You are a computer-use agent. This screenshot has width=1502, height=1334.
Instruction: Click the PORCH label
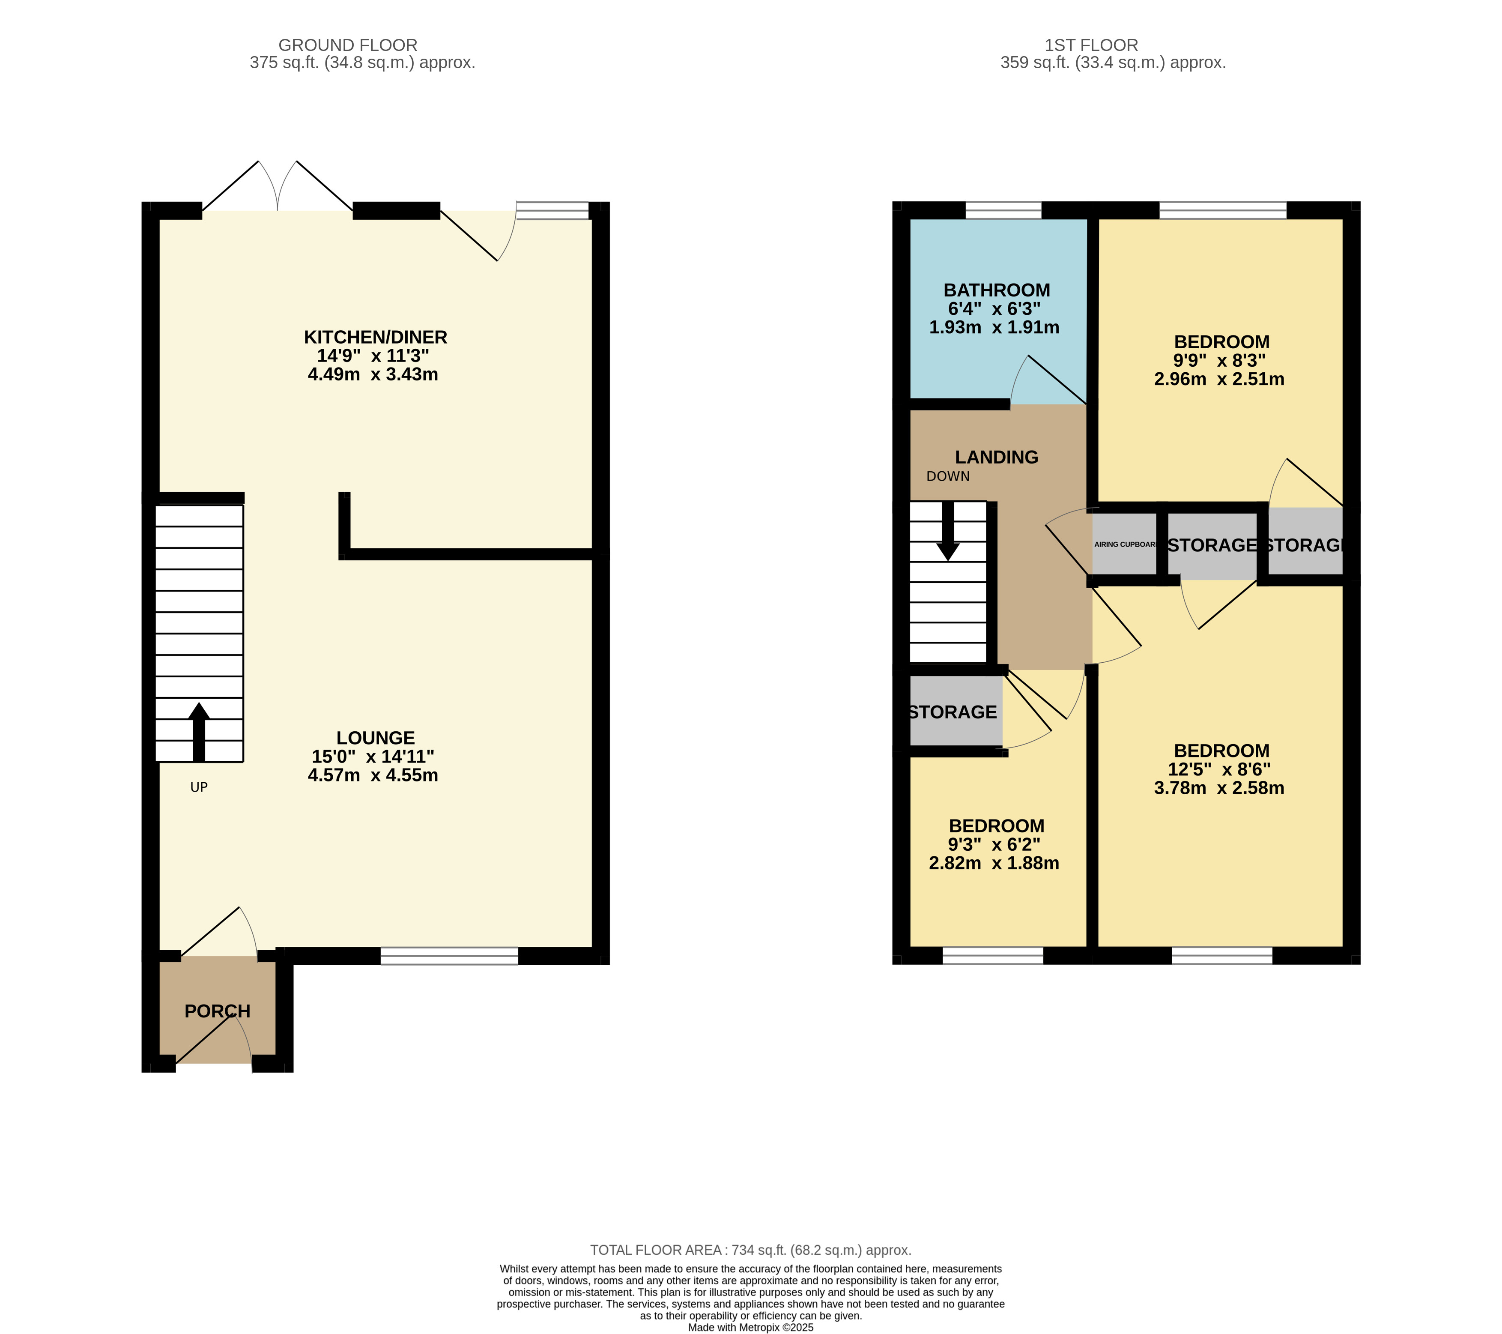click(218, 1011)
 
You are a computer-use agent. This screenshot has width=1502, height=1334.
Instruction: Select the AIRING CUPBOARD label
click(1125, 544)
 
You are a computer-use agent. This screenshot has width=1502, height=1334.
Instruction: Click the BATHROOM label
click(997, 290)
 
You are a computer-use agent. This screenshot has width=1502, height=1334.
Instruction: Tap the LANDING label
click(997, 457)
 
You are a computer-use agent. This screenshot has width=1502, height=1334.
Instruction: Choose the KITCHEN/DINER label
click(376, 338)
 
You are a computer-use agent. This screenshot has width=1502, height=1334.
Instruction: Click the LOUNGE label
click(376, 738)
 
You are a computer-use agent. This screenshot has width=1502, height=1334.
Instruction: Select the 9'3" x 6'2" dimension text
click(994, 844)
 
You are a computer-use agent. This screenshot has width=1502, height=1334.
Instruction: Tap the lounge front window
click(449, 955)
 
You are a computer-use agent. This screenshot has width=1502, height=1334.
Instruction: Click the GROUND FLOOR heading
click(348, 45)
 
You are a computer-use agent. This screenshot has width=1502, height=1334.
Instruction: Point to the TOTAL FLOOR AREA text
click(751, 1250)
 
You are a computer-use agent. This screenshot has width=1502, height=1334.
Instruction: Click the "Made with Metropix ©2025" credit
click(751, 1328)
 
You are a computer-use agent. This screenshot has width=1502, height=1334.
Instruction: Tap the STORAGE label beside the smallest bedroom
click(953, 712)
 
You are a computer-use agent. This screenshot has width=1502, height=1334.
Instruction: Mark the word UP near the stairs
click(199, 787)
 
